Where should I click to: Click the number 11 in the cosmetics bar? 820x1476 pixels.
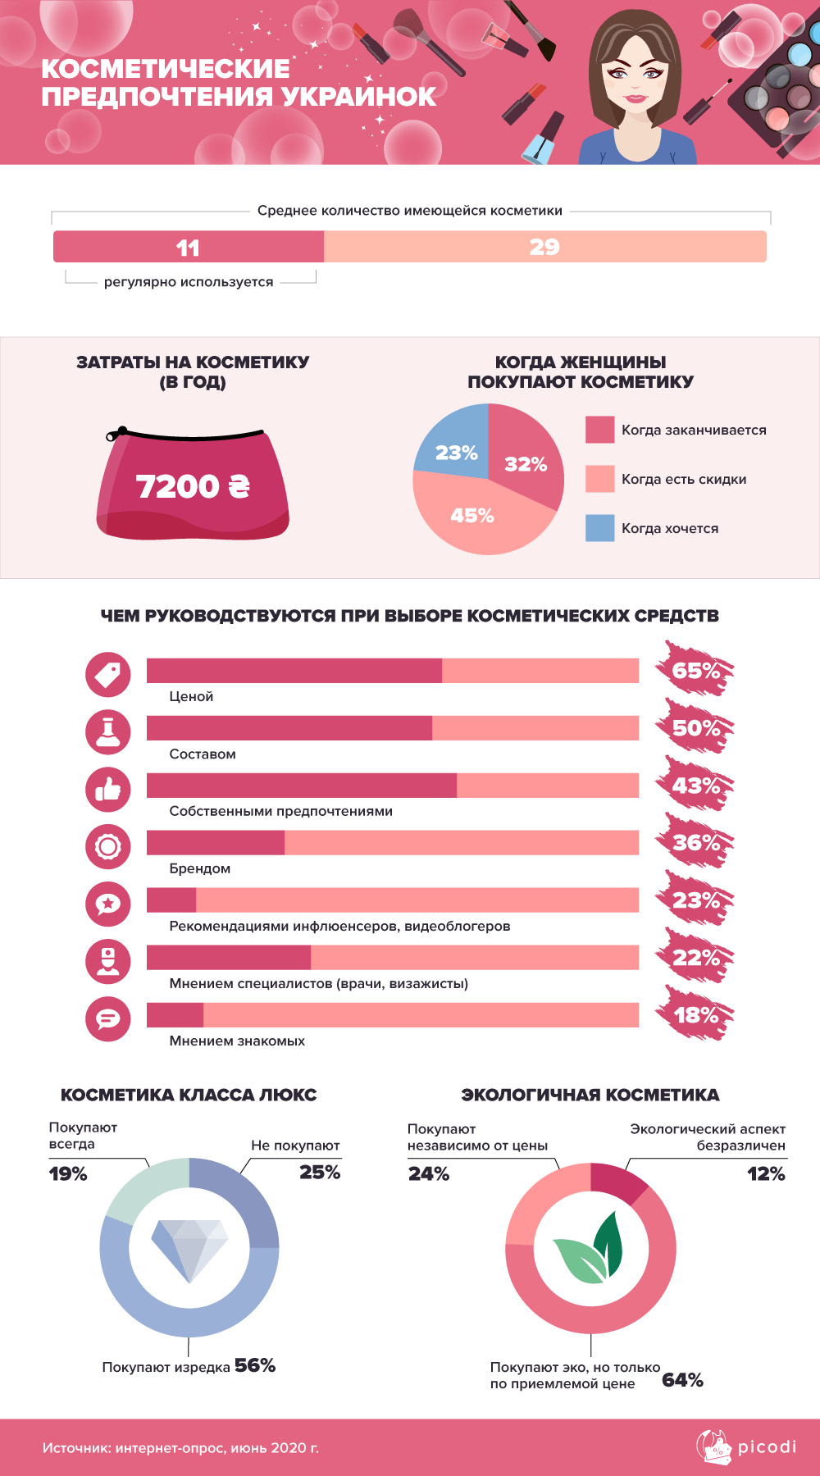click(188, 248)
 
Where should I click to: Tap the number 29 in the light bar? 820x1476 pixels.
click(544, 247)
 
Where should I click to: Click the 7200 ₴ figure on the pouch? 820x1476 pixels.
click(193, 486)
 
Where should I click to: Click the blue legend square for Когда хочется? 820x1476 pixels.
click(599, 528)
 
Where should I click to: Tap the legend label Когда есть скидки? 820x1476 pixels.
click(683, 480)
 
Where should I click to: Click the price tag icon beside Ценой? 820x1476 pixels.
click(108, 675)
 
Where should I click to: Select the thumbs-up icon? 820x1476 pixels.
click(108, 790)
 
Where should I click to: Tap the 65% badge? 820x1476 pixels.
click(695, 671)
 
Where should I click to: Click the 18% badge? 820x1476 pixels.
click(695, 1015)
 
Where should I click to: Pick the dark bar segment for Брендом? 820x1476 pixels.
click(216, 843)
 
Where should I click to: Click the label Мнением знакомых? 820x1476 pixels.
click(237, 1041)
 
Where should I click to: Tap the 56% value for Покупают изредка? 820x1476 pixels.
click(255, 1365)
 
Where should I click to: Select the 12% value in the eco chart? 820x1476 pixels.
click(766, 1174)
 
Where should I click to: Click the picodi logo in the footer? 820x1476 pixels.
click(746, 1446)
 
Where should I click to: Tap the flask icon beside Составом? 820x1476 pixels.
click(108, 732)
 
